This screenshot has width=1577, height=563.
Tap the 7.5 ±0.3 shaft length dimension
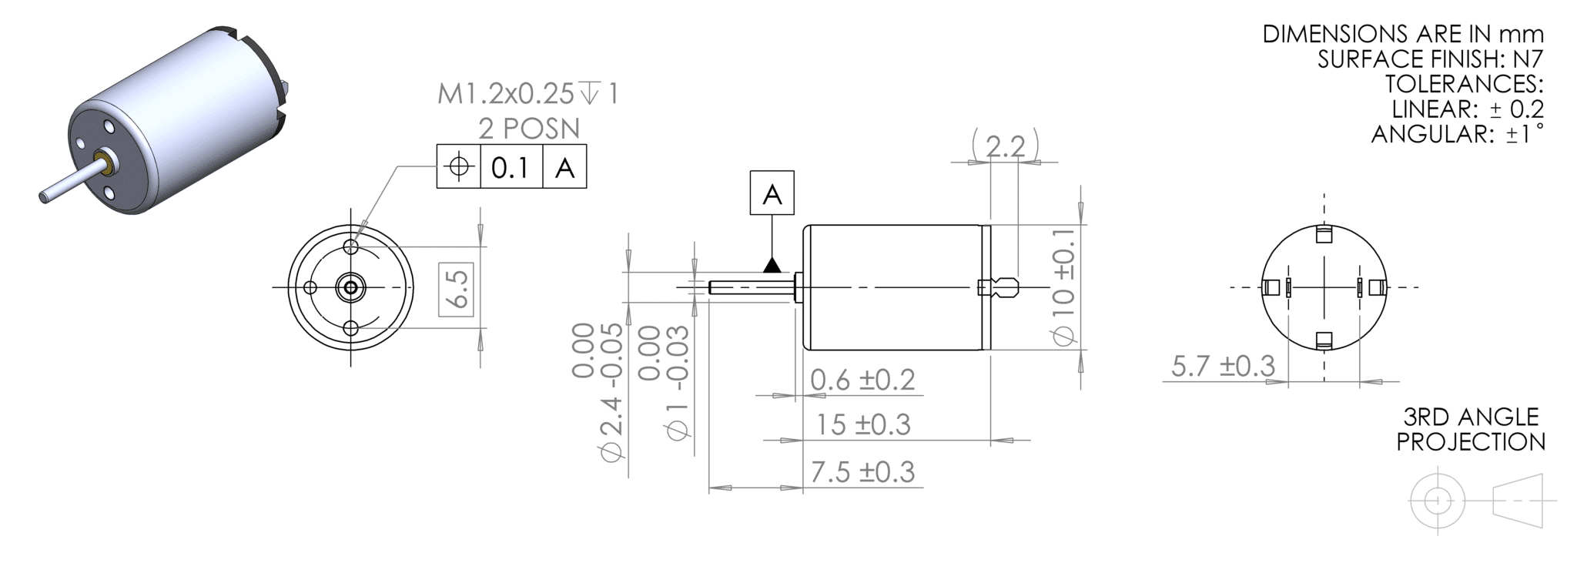click(862, 471)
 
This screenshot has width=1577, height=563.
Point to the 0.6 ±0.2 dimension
click(862, 380)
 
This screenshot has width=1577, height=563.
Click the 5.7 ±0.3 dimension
click(1224, 366)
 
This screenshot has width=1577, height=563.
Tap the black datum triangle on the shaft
click(772, 265)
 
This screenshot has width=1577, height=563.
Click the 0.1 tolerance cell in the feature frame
click(511, 166)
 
